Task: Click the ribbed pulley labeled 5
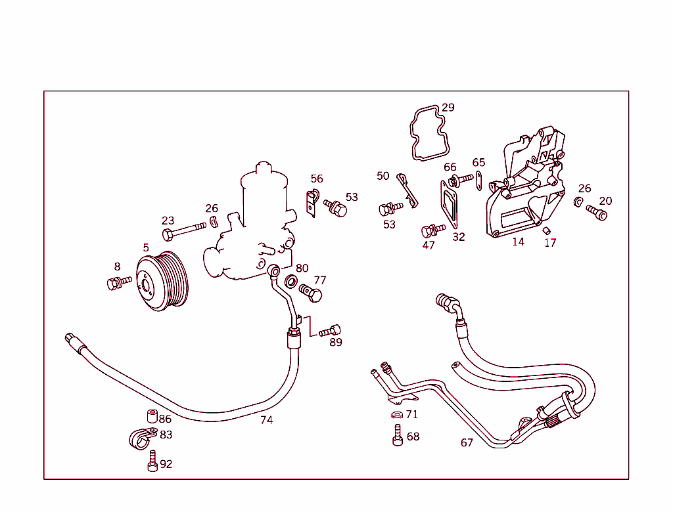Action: pyautogui.click(x=162, y=281)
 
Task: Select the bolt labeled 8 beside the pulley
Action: pyautogui.click(x=118, y=283)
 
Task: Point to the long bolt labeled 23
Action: pyautogui.click(x=185, y=230)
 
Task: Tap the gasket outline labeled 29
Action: pyautogui.click(x=427, y=134)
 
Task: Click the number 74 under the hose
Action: pyautogui.click(x=266, y=420)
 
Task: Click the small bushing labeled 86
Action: pyautogui.click(x=151, y=416)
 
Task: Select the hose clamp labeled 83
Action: pyautogui.click(x=140, y=437)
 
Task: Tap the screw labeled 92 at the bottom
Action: pyautogui.click(x=152, y=461)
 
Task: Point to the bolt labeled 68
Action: pyautogui.click(x=398, y=435)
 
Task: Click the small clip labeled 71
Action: pyautogui.click(x=396, y=415)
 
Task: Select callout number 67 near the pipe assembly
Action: pyautogui.click(x=467, y=443)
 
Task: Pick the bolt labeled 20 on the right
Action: pyautogui.click(x=596, y=213)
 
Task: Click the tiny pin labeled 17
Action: pyautogui.click(x=545, y=229)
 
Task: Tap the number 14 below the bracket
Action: pyautogui.click(x=519, y=242)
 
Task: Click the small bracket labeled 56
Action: pyautogui.click(x=312, y=200)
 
